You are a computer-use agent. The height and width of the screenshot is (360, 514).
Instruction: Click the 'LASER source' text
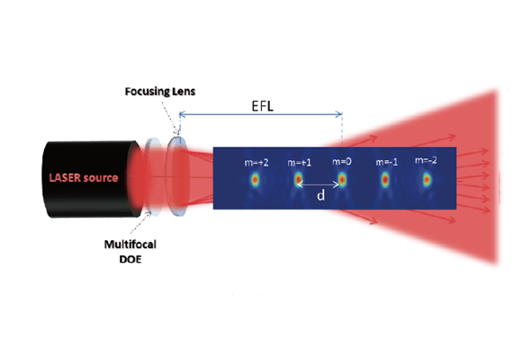point(84,177)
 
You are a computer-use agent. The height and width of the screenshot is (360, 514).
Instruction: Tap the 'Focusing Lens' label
point(160,92)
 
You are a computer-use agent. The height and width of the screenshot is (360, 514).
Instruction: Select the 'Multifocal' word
point(131,244)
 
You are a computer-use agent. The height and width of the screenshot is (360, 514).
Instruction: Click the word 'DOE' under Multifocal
point(131,259)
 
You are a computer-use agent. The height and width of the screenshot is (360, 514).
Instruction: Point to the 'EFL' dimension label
point(263,106)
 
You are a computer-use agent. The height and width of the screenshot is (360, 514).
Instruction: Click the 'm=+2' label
point(257,163)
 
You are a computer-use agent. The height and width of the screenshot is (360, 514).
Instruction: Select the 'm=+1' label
point(299,163)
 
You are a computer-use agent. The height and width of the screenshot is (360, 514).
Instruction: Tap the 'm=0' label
point(342,161)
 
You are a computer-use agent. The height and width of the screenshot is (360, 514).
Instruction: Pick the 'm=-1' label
point(387,162)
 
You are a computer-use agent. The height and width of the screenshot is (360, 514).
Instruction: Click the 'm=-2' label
point(426,160)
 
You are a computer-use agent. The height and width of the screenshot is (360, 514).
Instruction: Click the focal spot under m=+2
point(255,180)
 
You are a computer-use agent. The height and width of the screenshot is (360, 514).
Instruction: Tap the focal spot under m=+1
point(298,180)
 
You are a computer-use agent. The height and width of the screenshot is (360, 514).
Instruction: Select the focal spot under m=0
point(342,180)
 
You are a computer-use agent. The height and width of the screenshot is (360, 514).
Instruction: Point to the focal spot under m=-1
point(385,180)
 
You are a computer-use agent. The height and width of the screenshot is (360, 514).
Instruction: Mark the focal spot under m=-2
point(427,180)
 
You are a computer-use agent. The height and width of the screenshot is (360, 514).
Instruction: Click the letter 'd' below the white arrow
point(321,195)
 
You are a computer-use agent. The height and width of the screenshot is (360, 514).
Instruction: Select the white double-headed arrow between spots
point(318,184)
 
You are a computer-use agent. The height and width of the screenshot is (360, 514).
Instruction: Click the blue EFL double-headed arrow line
point(261,114)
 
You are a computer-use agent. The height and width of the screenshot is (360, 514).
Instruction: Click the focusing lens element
point(177,176)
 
